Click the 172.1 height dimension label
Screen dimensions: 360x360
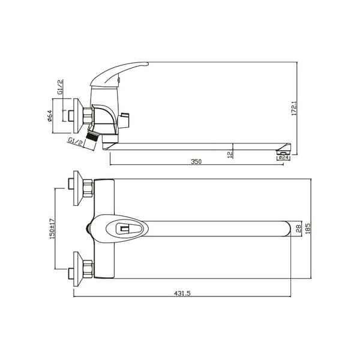[x=294, y=109]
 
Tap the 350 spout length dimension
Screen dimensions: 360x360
[x=196, y=161]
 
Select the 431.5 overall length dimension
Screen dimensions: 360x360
[x=182, y=293]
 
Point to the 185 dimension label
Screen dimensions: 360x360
[x=308, y=229]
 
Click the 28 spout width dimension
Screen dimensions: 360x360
[x=298, y=229]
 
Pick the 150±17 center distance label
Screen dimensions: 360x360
[x=52, y=229]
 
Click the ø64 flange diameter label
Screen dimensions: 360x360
[x=50, y=116]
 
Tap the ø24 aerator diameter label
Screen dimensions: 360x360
[x=284, y=157]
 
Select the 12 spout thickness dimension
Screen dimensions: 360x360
[x=230, y=154]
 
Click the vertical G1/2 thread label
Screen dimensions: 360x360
[x=60, y=87]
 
